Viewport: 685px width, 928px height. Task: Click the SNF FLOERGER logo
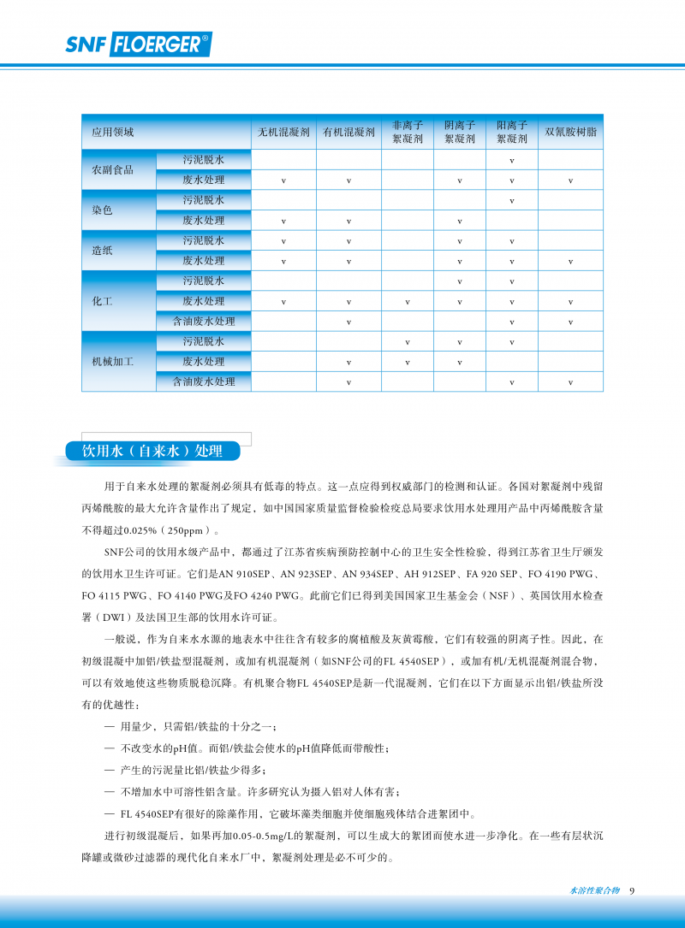coord(138,44)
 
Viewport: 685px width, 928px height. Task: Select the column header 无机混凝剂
coord(284,133)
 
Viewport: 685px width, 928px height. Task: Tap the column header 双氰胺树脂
coord(570,133)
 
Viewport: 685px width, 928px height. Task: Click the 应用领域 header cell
coord(113,133)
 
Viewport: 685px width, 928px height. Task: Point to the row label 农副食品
coord(113,170)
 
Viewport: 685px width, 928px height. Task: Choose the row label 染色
coord(103,210)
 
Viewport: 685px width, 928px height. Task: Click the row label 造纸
coord(103,251)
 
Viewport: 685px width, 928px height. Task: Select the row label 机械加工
coord(113,362)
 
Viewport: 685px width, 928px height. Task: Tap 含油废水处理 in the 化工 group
coord(204,322)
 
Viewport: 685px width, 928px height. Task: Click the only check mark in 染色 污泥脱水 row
coord(512,201)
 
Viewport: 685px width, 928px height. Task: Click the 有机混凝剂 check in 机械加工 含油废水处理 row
coord(349,382)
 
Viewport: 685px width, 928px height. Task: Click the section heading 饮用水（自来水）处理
coord(152,452)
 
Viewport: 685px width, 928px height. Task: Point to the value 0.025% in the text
coord(140,530)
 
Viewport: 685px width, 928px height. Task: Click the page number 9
coord(632,890)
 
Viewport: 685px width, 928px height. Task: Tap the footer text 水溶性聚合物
coord(594,890)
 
